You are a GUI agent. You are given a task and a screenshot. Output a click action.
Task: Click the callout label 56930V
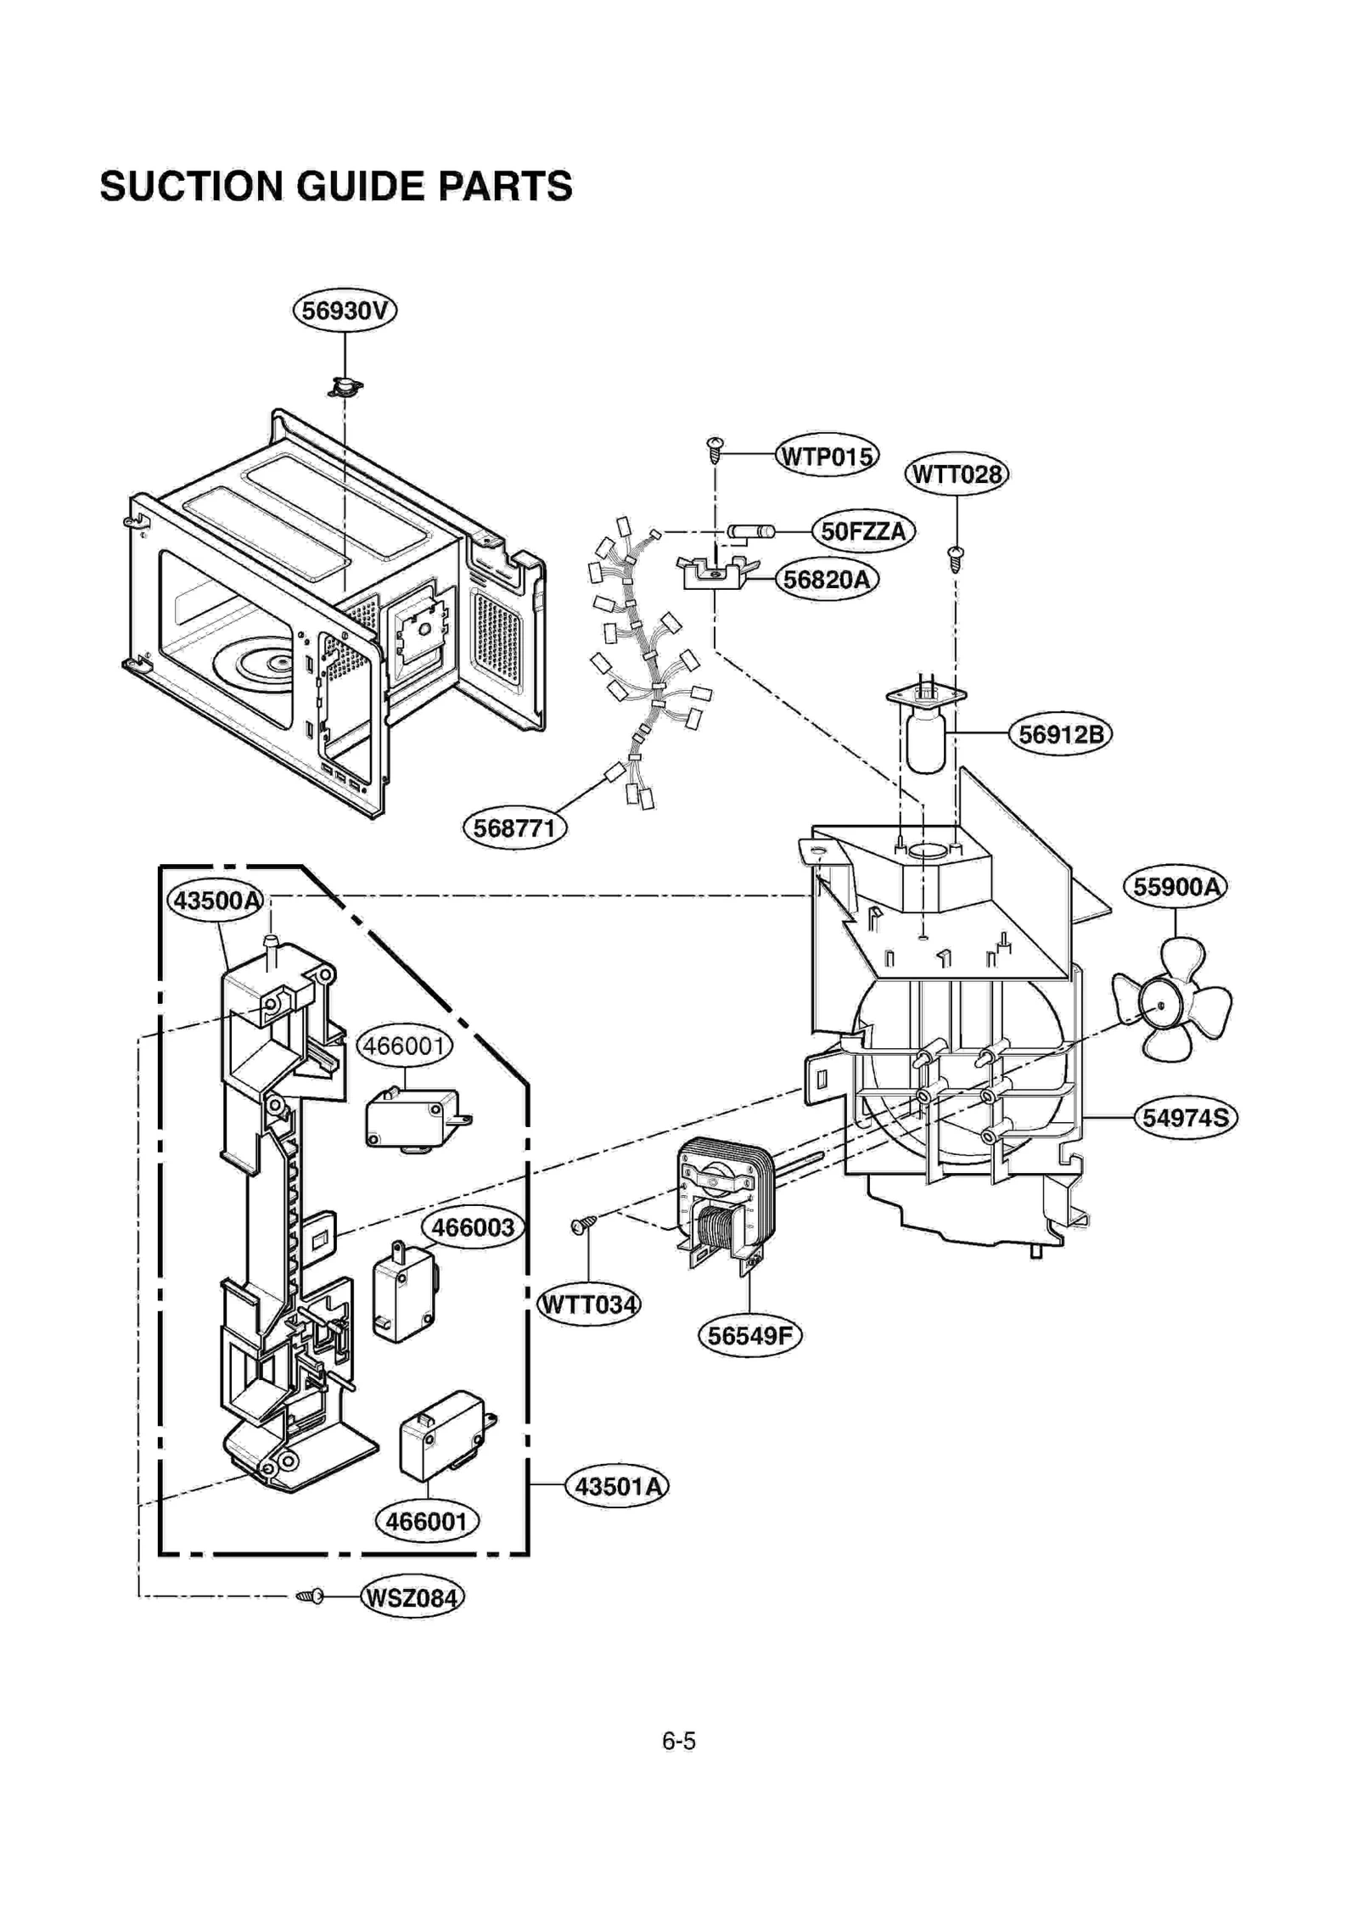344,310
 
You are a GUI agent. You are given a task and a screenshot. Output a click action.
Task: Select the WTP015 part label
827,456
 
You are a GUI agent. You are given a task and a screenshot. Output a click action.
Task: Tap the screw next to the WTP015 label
715,449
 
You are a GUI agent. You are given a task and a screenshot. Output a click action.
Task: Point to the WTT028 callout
957,474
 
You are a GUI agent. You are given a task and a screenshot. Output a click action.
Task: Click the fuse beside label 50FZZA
750,531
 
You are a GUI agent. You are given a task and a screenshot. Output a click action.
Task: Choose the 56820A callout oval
826,580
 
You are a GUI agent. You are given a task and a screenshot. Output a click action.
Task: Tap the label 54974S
1185,1117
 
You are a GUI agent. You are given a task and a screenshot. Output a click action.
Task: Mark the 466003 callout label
473,1227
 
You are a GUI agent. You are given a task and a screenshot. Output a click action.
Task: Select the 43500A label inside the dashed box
217,900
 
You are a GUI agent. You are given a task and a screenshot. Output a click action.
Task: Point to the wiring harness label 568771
514,828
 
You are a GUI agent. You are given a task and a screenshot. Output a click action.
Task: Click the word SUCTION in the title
190,186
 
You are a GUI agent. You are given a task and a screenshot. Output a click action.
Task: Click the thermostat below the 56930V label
345,387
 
